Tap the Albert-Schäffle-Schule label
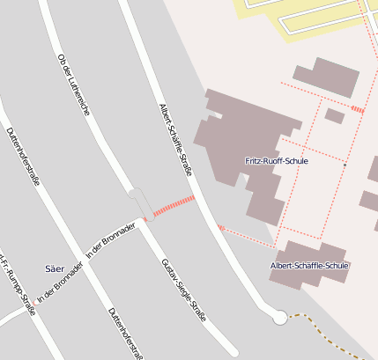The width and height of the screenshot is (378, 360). (309, 265)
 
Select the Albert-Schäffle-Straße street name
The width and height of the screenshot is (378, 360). (175, 139)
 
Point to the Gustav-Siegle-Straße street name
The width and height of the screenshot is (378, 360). (183, 290)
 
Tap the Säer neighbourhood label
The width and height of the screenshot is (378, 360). (54, 267)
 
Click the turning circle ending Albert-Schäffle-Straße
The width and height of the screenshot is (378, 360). (280, 317)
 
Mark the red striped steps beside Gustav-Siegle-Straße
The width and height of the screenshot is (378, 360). (174, 207)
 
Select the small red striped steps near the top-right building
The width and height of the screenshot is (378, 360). (357, 109)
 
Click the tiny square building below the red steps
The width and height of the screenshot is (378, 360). (334, 115)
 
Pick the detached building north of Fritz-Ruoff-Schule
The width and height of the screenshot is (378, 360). (325, 77)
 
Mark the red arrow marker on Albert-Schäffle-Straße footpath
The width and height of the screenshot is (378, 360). (221, 229)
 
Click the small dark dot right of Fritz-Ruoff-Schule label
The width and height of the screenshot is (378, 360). (345, 164)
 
